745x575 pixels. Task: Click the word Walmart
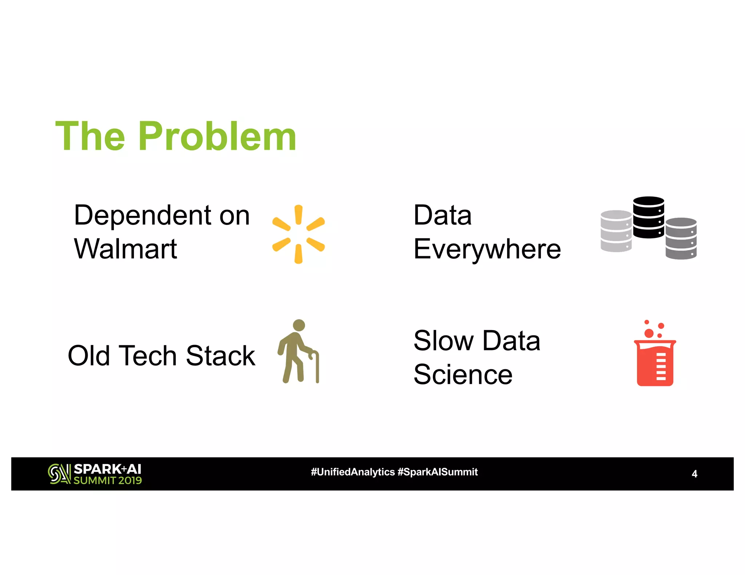126,249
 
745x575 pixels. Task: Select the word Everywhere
487,250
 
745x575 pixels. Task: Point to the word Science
463,374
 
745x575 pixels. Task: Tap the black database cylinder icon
648,217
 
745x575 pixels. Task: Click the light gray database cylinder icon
616,231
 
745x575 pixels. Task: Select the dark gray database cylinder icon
681,238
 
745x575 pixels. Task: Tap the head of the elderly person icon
299,325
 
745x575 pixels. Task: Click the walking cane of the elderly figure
317,367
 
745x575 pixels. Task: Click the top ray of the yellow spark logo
298,214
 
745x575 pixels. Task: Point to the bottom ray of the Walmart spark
298,254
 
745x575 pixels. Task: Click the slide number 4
694,474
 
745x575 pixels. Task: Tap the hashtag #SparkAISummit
438,472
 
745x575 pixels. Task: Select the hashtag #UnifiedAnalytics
352,472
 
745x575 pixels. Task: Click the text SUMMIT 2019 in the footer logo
108,480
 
